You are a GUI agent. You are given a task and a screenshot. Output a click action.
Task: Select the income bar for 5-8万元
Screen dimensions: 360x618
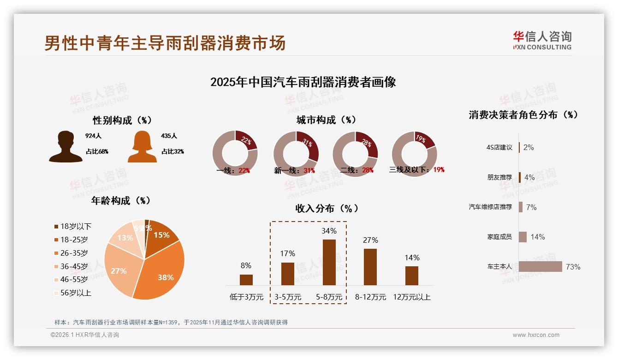[x=329, y=262]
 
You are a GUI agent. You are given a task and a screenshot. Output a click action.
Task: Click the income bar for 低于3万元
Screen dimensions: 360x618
[x=246, y=280]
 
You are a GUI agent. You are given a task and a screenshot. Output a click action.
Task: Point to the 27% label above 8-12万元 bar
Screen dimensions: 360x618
[x=370, y=240]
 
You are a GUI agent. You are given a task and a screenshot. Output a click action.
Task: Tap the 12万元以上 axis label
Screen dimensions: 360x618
[x=411, y=297]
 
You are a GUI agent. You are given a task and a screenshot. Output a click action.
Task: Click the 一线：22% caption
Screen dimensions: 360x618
[x=233, y=170]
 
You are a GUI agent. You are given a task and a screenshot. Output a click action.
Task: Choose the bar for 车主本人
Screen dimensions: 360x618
[x=540, y=267]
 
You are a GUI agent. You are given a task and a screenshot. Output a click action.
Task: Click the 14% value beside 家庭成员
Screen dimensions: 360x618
[x=537, y=237]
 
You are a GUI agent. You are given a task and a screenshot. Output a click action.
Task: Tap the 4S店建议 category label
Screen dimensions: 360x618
[x=499, y=147]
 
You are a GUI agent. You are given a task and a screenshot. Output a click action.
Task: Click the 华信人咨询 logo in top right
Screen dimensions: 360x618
[x=542, y=40]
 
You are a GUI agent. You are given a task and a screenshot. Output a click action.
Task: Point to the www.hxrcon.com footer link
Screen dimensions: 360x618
[x=536, y=335]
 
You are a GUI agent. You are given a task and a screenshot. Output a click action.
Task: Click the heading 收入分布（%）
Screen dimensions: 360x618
[x=327, y=208]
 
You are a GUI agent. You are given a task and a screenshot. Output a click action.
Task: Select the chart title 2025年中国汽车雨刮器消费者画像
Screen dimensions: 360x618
[x=303, y=82]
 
